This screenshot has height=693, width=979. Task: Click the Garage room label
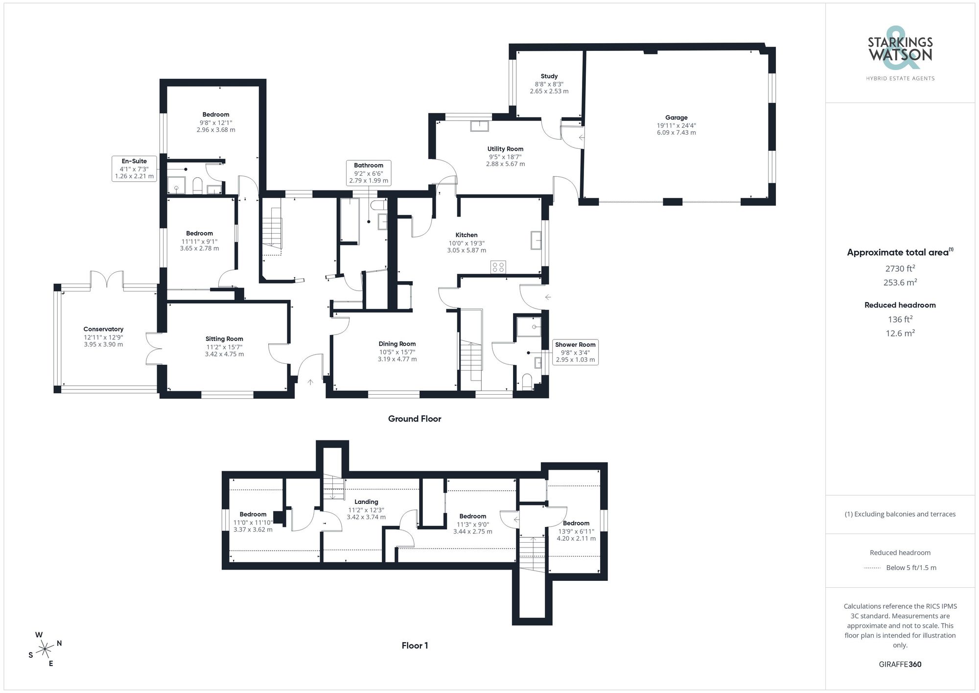[676, 118]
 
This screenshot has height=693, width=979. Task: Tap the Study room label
[549, 76]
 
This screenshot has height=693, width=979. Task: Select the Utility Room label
[505, 149]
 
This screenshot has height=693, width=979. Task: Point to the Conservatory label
[103, 329]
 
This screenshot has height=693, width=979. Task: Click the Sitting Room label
[224, 339]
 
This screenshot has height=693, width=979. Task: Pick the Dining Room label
[397, 344]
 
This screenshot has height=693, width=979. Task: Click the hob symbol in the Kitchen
[498, 267]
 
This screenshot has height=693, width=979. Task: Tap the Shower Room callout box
[575, 352]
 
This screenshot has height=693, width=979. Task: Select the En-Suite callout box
[134, 168]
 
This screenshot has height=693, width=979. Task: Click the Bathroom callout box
[369, 173]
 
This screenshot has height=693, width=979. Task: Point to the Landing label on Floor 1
[366, 502]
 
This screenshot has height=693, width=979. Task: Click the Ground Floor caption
[415, 419]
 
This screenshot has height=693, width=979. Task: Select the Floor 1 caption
[415, 645]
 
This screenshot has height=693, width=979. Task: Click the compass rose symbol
[45, 649]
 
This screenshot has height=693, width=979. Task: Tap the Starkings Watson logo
[900, 54]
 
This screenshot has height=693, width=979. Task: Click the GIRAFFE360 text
[900, 665]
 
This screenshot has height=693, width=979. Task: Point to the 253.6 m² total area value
[900, 283]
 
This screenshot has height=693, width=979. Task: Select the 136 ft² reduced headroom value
[900, 319]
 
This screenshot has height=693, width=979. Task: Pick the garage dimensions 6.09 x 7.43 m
[676, 133]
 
